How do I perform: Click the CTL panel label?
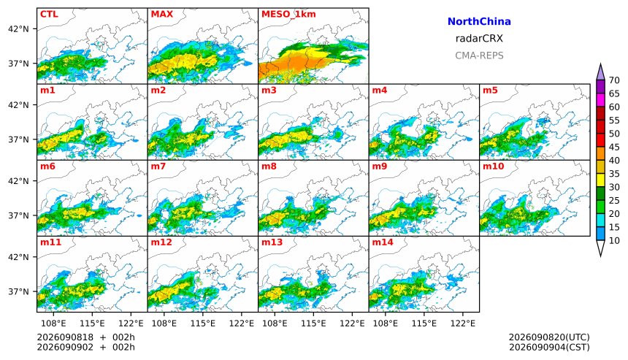(49, 14)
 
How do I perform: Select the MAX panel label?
(162, 14)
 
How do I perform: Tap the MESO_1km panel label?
(288, 14)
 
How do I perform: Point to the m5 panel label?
(490, 90)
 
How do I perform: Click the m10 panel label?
(493, 166)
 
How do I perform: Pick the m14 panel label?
(383, 242)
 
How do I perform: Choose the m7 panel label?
(158, 166)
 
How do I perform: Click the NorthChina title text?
(479, 22)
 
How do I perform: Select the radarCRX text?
(479, 39)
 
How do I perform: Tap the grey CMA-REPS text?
(479, 55)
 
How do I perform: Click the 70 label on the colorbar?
(614, 80)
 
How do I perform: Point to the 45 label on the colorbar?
(614, 148)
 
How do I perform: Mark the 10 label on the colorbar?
(614, 241)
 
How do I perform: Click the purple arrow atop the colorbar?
(600, 72)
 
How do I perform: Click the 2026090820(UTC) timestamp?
(549, 337)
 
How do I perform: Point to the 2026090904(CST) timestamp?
(549, 347)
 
